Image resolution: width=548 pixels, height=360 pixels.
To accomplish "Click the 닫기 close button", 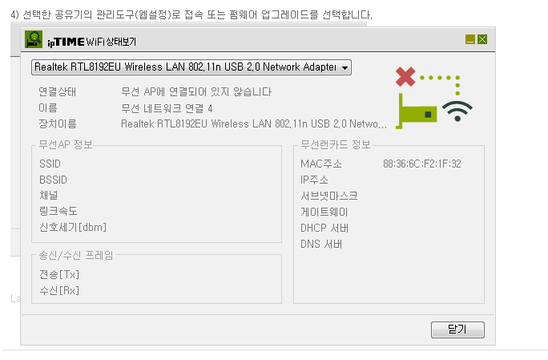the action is tap(457, 330).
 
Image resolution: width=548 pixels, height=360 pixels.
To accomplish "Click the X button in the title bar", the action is tap(482, 39).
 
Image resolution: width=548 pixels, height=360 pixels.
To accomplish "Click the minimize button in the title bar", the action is tap(470, 39).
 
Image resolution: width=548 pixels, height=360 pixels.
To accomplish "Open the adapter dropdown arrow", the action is tap(345, 67).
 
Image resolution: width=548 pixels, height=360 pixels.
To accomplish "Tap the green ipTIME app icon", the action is tap(34, 39).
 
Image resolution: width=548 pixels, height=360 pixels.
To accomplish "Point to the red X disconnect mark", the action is tap(405, 77).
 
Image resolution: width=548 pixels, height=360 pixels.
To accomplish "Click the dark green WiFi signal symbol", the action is tap(457, 111).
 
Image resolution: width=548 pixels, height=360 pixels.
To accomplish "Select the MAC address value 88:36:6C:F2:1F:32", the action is tap(422, 164).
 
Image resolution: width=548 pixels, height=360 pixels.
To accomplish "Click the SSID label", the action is tap(50, 164).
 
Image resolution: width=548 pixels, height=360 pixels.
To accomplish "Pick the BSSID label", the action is tap(53, 180).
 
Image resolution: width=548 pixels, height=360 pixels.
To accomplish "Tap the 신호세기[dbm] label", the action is tap(73, 228).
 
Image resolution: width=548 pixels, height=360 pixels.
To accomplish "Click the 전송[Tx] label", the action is tap(59, 275).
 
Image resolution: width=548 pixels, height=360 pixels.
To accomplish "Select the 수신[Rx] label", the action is tap(59, 290).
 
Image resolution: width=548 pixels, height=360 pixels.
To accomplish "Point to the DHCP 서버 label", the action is tap(324, 228).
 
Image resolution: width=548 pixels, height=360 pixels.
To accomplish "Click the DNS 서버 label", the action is tap(321, 244).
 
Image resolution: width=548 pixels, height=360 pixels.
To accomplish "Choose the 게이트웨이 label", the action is tap(324, 212).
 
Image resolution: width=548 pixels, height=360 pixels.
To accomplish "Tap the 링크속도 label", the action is tap(58, 211).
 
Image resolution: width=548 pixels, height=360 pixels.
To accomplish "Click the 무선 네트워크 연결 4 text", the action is tap(167, 108).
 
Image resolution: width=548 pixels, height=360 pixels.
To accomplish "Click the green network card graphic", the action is tap(417, 112).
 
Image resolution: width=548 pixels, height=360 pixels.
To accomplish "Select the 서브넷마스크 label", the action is tap(328, 196).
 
